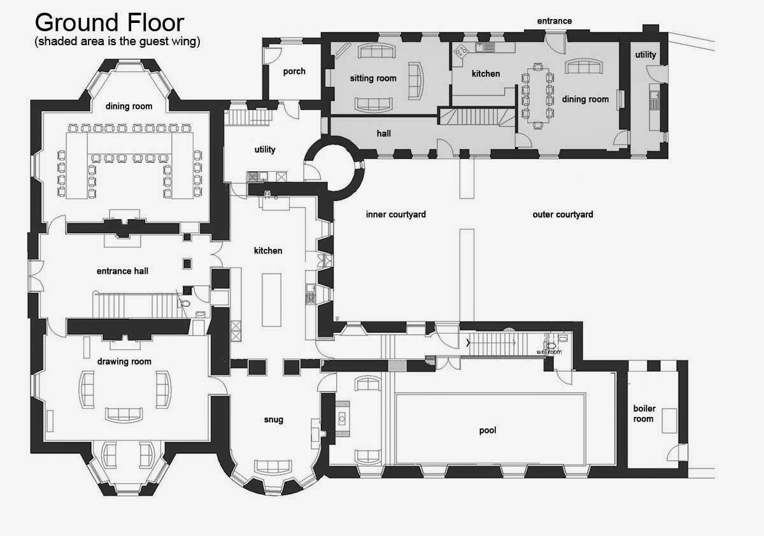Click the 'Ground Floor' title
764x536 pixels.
click(110, 23)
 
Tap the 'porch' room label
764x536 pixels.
click(294, 71)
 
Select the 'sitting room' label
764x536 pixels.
click(373, 78)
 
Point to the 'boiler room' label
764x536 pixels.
click(644, 414)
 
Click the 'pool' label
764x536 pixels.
click(488, 430)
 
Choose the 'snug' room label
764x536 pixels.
click(274, 420)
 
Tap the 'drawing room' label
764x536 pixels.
click(124, 362)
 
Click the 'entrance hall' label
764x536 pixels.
click(122, 271)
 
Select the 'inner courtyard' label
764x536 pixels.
click(395, 215)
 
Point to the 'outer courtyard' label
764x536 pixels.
click(563, 215)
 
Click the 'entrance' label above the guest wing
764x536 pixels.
click(555, 21)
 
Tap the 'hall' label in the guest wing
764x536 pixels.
click(384, 133)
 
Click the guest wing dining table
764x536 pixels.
click(538, 96)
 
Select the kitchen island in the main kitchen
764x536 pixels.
click(271, 300)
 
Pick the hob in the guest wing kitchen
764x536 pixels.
click(461, 51)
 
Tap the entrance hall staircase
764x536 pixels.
click(136, 304)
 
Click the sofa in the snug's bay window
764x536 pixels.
click(273, 467)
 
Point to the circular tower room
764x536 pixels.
click(334, 167)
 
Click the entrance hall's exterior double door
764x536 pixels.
click(36, 276)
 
